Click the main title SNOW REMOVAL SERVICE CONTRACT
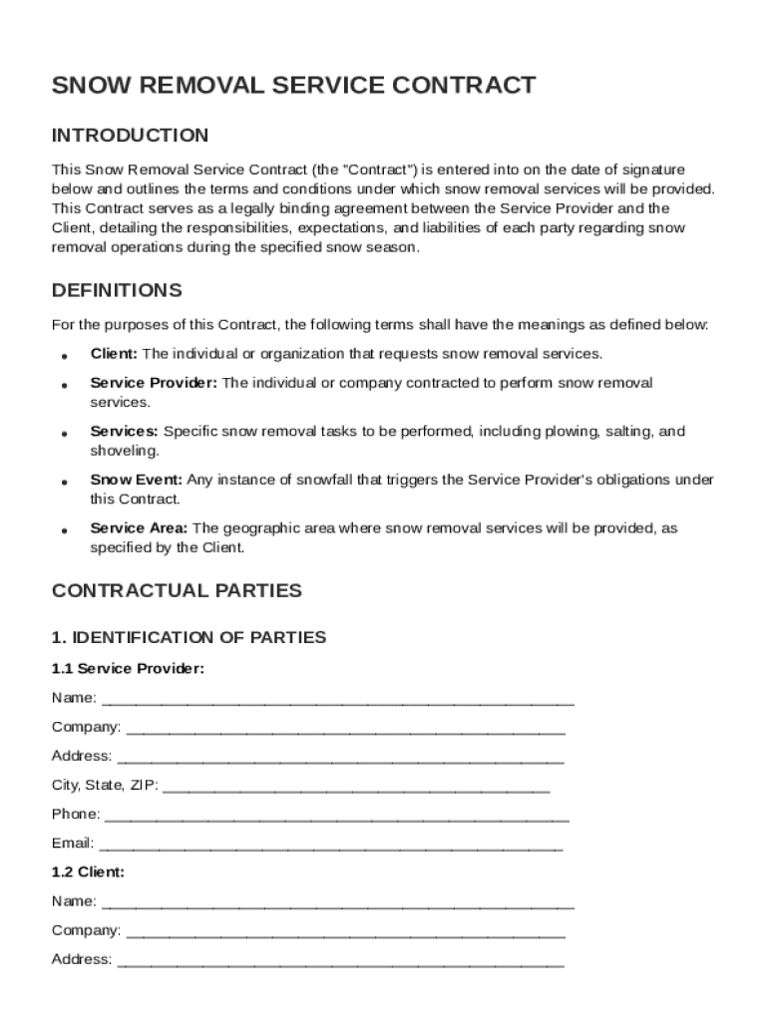[x=293, y=86]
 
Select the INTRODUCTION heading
[x=130, y=136]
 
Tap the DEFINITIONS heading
[x=117, y=291]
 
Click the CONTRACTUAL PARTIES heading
[x=177, y=590]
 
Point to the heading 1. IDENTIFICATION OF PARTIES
[x=189, y=637]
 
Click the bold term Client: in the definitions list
[x=115, y=354]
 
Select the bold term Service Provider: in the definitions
[x=154, y=383]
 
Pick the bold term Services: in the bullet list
[x=124, y=432]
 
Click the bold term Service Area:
[x=139, y=528]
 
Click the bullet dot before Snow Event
[x=64, y=482]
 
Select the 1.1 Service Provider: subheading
[x=128, y=669]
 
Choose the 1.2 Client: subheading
[x=88, y=871]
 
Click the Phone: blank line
[x=336, y=815]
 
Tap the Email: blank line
[x=330, y=844]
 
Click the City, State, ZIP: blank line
[x=355, y=786]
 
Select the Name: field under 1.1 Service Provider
[x=338, y=698]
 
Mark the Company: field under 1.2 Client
[x=345, y=931]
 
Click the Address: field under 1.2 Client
[x=340, y=960]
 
